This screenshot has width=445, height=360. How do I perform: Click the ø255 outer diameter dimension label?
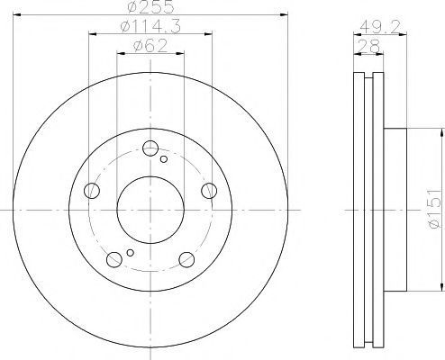151,6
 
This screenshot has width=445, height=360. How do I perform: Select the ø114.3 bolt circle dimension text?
150,27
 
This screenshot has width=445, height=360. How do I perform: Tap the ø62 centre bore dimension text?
150,46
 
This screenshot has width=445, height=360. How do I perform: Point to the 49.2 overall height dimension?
380,28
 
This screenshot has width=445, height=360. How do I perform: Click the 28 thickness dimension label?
368,47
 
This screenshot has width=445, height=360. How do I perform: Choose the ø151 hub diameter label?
434,208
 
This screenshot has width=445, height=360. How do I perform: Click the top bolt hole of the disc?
150,148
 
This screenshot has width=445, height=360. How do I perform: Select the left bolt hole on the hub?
92,191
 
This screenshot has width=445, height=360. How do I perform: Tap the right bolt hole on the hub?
209,191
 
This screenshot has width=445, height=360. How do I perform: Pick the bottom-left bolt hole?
114,259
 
